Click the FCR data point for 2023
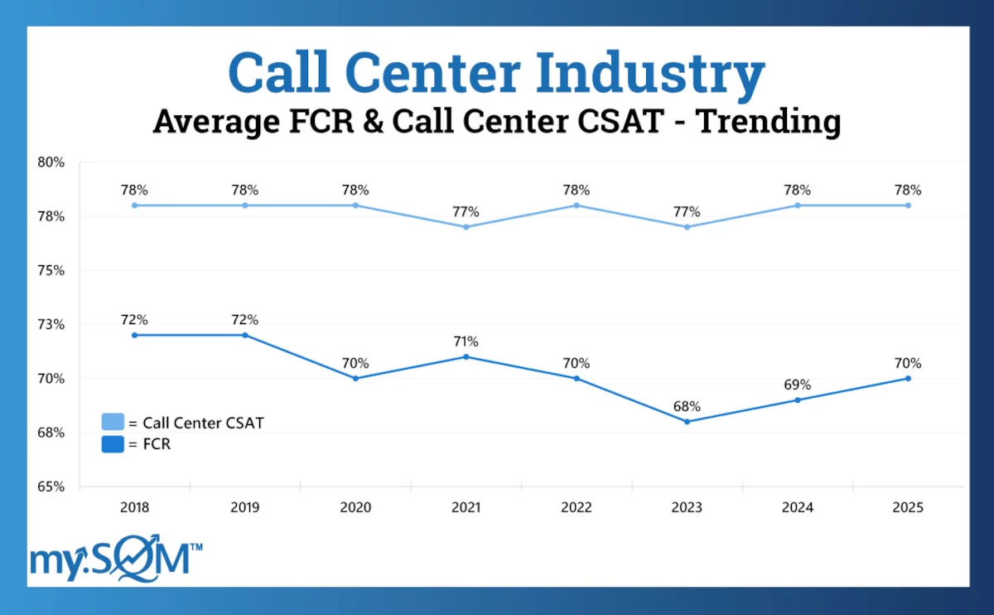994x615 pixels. coord(687,421)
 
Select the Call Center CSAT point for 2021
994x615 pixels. coord(466,227)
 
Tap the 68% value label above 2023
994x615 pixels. coord(687,406)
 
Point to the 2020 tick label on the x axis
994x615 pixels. coord(355,507)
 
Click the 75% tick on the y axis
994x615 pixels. coord(51,270)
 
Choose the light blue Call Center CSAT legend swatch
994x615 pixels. coord(113,423)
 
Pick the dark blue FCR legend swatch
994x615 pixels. coord(113,445)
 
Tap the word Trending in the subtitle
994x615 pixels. coord(768,121)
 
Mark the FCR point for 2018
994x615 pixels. coord(134,335)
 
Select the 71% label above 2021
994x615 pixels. coord(466,341)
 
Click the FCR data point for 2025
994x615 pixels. coord(908,378)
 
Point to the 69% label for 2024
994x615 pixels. coord(798,385)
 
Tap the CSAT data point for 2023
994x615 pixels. coord(687,227)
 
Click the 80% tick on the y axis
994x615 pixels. coord(51,162)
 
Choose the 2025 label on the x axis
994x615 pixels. coord(908,507)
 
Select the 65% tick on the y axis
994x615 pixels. coord(51,487)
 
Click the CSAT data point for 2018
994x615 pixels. coord(134,205)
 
